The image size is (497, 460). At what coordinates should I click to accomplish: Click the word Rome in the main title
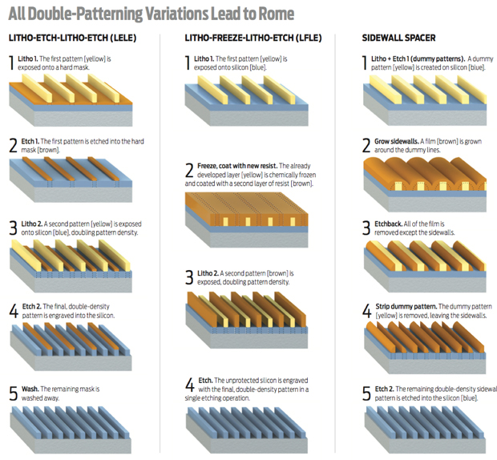point(277,14)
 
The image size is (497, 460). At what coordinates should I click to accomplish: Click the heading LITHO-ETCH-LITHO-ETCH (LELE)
point(73,38)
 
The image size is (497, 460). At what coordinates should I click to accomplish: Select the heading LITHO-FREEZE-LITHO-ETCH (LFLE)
point(253,38)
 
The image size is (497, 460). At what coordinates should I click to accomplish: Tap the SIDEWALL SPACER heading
point(398,38)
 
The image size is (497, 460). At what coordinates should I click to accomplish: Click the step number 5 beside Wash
point(14,393)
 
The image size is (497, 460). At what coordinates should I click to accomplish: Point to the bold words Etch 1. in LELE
point(30,141)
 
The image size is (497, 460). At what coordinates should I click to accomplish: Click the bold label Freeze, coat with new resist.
point(237,166)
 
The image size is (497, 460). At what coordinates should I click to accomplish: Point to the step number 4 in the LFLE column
point(189,385)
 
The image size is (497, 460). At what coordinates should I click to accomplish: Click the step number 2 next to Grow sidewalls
point(366,146)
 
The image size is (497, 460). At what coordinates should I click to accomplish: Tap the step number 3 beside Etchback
point(366,228)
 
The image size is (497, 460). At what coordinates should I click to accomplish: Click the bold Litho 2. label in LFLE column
point(208,273)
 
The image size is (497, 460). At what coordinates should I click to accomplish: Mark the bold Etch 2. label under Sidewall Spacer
point(384,389)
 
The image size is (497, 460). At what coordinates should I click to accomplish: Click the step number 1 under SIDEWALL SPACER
point(365,63)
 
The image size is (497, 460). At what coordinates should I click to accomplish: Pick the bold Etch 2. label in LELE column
point(32,306)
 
